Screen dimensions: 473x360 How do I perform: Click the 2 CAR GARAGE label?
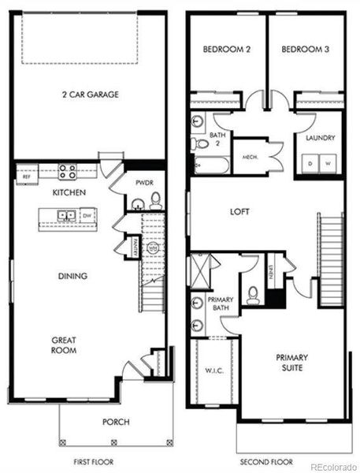point(90,95)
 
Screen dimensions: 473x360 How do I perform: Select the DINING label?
point(72,276)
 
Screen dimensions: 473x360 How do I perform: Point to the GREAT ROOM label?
point(64,345)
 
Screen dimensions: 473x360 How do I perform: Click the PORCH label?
point(116,422)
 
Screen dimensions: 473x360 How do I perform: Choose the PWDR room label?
point(143,183)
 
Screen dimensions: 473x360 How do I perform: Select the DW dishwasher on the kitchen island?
point(86,215)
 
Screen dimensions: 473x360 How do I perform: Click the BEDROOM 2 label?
point(227,49)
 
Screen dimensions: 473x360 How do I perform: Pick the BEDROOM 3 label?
point(305,49)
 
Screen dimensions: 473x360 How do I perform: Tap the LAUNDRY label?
point(320,139)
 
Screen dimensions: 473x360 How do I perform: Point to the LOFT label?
point(240,212)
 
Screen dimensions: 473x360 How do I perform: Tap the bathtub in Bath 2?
point(211,166)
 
